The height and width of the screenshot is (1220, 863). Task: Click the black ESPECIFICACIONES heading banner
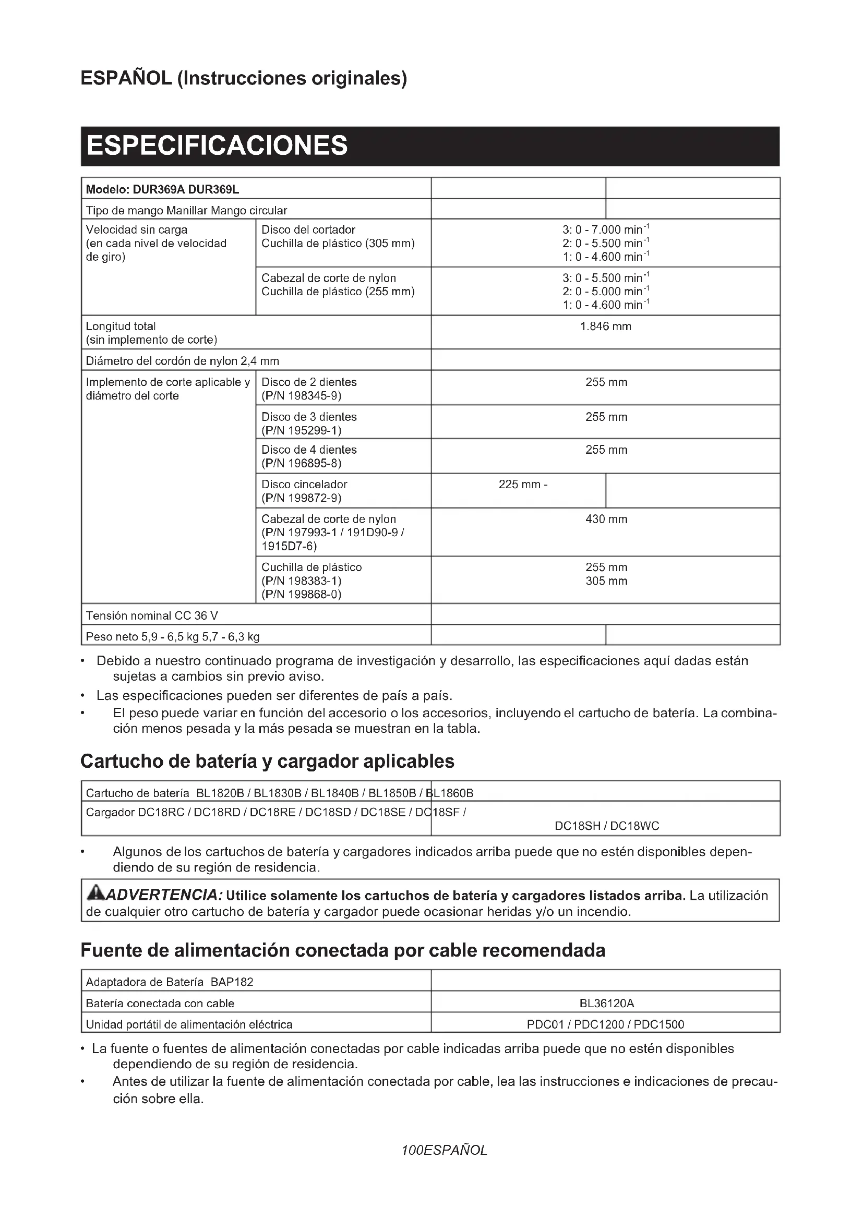point(430,146)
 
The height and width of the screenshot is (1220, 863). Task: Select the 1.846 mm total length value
point(605,326)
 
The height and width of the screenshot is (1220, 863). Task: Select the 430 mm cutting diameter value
point(606,519)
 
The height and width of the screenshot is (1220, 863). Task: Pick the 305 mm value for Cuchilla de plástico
point(606,581)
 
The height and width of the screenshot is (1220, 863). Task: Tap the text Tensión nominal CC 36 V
point(152,615)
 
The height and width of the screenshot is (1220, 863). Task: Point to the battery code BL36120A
point(606,1003)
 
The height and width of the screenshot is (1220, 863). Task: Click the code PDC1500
point(659,1024)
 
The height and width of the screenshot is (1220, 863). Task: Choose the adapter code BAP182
point(232,982)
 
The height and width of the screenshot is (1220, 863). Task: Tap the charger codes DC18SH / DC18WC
point(606,826)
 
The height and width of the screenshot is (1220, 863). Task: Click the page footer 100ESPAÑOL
point(444,1151)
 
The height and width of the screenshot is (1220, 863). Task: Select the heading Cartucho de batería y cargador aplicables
point(267,761)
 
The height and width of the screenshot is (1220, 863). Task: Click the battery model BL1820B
point(220,793)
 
